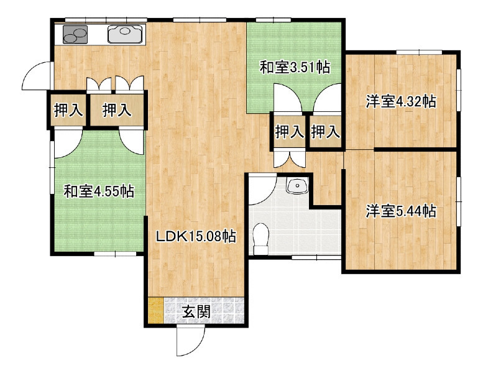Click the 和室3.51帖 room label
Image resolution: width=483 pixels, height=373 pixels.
click(x=295, y=68)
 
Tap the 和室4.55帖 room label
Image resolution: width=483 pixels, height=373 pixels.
click(x=99, y=191)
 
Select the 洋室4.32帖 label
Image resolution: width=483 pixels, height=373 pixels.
click(x=401, y=101)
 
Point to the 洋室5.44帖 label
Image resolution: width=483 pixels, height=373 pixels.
click(x=401, y=211)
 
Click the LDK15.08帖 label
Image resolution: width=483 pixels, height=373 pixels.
click(x=196, y=237)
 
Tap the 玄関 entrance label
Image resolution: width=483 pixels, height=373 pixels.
click(x=196, y=311)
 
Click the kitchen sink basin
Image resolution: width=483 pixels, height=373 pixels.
click(x=125, y=34)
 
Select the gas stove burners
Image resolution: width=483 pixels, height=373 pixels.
click(x=75, y=34)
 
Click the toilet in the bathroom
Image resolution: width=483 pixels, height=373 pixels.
click(x=260, y=239)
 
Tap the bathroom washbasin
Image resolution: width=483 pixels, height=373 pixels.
click(x=297, y=185)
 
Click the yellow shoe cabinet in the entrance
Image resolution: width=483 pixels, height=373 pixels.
click(x=155, y=310)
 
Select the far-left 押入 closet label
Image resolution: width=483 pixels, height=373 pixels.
click(x=68, y=110)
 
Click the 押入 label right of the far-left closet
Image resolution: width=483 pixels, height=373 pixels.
click(x=117, y=110)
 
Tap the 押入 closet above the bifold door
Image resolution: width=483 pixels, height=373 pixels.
click(x=290, y=132)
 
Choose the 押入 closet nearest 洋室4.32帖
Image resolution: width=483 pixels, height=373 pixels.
click(x=326, y=132)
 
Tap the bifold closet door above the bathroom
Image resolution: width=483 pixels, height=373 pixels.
click(x=290, y=159)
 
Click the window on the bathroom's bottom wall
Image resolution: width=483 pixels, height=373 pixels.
click(x=316, y=257)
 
